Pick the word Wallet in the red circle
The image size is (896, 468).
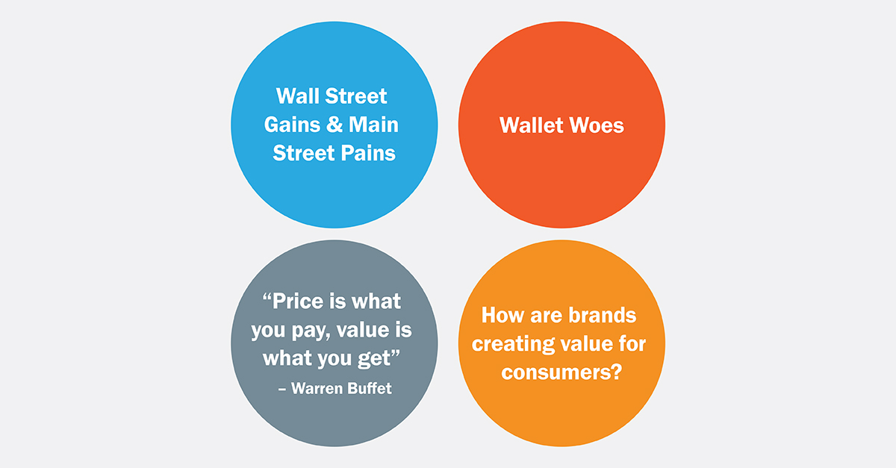coord(532,125)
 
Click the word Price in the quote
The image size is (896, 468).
coord(306,302)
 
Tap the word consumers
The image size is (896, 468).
coord(554,372)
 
